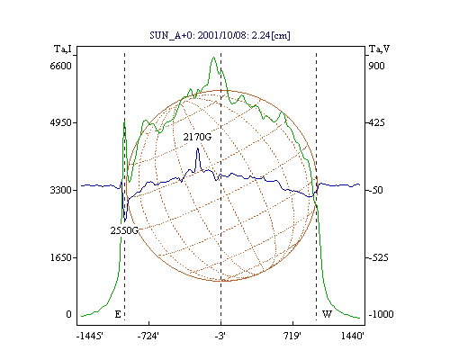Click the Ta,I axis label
click(63, 49)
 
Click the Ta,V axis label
click(379, 49)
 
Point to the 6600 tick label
click(60, 66)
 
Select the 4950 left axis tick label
click(60, 122)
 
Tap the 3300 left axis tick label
click(60, 190)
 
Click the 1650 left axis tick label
click(60, 257)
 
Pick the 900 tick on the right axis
click(376, 66)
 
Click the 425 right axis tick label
click(376, 122)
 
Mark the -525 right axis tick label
click(379, 257)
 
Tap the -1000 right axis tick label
click(381, 314)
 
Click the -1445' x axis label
click(90, 336)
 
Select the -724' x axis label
click(148, 336)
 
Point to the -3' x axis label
click(220, 336)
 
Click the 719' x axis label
click(292, 336)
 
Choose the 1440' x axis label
click(353, 336)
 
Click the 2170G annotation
click(197, 137)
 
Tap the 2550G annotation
click(124, 230)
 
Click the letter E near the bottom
click(118, 314)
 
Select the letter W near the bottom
click(327, 314)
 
